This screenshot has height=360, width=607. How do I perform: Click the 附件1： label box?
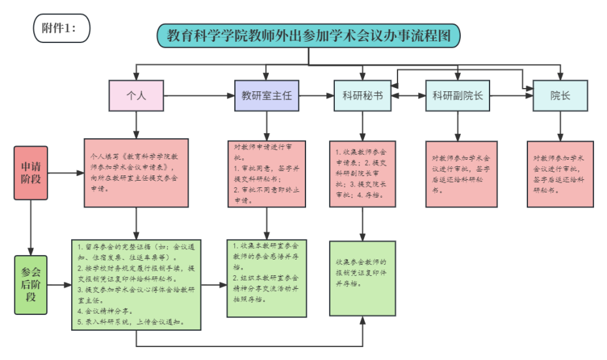pyautogui.click(x=61, y=27)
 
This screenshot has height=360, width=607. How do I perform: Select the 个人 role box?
pyautogui.click(x=136, y=96)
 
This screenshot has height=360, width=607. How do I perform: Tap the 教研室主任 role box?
pyautogui.click(x=266, y=96)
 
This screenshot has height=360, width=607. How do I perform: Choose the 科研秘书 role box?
pyautogui.click(x=362, y=96)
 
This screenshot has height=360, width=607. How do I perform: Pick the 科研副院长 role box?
pyautogui.click(x=458, y=96)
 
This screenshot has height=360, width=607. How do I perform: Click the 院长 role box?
pyautogui.click(x=559, y=96)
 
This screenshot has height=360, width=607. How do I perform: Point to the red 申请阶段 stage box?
pyautogui.click(x=31, y=173)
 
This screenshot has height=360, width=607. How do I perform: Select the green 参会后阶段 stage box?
pyautogui.click(x=31, y=285)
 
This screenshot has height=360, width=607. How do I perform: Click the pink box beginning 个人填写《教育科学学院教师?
pyautogui.click(x=136, y=172)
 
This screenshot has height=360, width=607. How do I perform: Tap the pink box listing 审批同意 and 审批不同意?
pyautogui.click(x=266, y=173)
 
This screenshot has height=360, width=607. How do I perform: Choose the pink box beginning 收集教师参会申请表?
pyautogui.click(x=362, y=173)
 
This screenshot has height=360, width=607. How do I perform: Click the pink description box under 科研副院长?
pyautogui.click(x=461, y=173)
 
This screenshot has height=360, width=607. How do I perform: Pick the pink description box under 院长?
pyautogui.click(x=560, y=173)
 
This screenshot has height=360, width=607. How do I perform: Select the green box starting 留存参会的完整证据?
pyautogui.click(x=136, y=284)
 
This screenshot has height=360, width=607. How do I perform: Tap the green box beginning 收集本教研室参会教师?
pyautogui.click(x=266, y=278)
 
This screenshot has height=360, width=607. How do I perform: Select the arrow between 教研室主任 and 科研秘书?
pyautogui.click(x=316, y=96)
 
